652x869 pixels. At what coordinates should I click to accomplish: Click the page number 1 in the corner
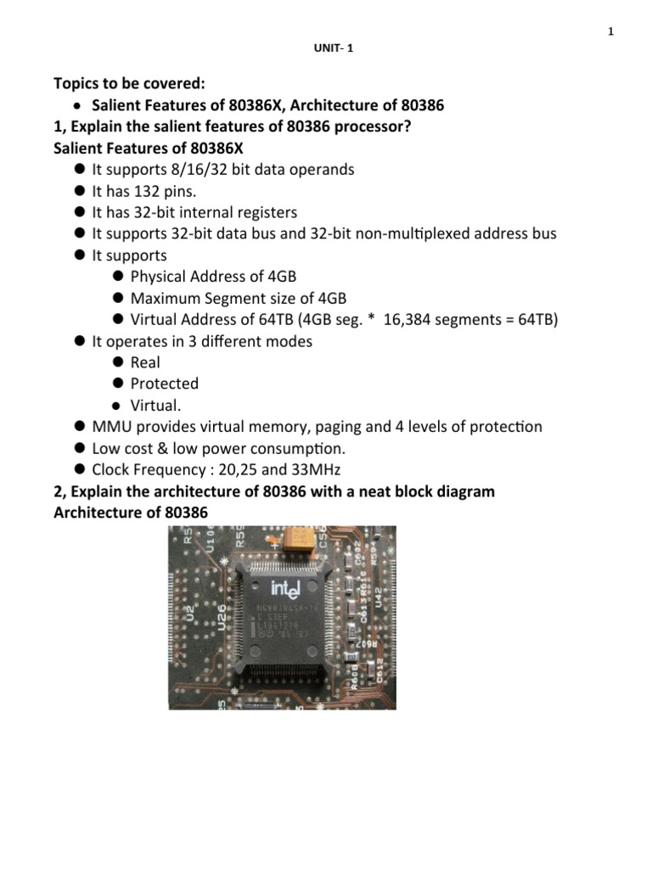point(610,32)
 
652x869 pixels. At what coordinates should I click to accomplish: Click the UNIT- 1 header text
point(333,48)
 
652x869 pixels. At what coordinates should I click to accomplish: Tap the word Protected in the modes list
point(165,384)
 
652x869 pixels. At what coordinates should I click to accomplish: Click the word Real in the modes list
point(145,362)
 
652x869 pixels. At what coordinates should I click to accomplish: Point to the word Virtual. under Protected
point(156,405)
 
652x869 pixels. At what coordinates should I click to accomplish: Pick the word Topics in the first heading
point(77,84)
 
